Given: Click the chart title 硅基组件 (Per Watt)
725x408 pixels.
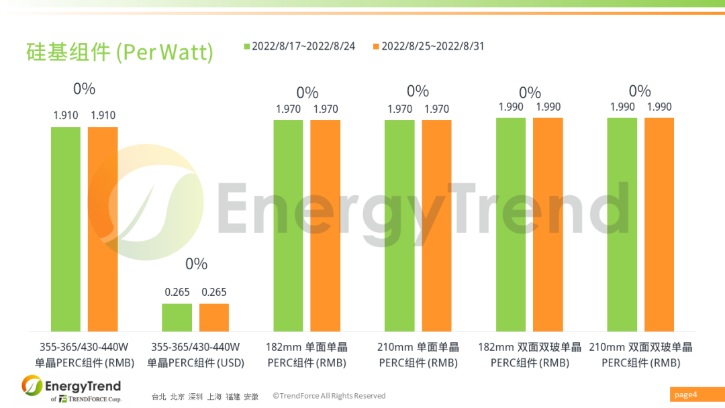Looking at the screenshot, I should [x=119, y=52].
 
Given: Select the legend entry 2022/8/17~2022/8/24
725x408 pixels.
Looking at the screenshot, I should [x=299, y=46].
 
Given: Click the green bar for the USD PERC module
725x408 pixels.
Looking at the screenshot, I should [x=177, y=317].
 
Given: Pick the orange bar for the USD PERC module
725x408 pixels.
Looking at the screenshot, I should [x=214, y=317].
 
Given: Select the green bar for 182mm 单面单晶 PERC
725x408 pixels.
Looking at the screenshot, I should [x=288, y=225].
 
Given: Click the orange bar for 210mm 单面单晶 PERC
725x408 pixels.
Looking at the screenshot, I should [x=436, y=225].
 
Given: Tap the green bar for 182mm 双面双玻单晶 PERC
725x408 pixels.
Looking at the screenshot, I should [x=511, y=225].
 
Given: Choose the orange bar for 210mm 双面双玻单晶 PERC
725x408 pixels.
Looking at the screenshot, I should [x=659, y=225].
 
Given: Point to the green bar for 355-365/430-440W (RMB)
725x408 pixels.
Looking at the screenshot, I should [x=66, y=229].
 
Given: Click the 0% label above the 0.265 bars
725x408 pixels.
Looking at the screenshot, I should [x=196, y=264].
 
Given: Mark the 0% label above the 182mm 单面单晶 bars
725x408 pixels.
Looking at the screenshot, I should [x=307, y=93].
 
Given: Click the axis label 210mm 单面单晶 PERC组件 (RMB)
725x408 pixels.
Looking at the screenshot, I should [x=418, y=355].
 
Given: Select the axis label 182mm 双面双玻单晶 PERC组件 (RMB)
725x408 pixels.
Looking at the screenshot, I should [x=530, y=355].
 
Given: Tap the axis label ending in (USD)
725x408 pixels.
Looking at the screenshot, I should [x=195, y=355].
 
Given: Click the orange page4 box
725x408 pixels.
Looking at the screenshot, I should [x=695, y=395].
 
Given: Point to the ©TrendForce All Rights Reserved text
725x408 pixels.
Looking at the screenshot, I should [x=329, y=396].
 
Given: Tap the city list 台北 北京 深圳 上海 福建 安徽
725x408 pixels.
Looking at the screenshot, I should [x=205, y=397].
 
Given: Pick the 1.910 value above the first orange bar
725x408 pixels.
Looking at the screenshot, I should [x=103, y=115].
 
